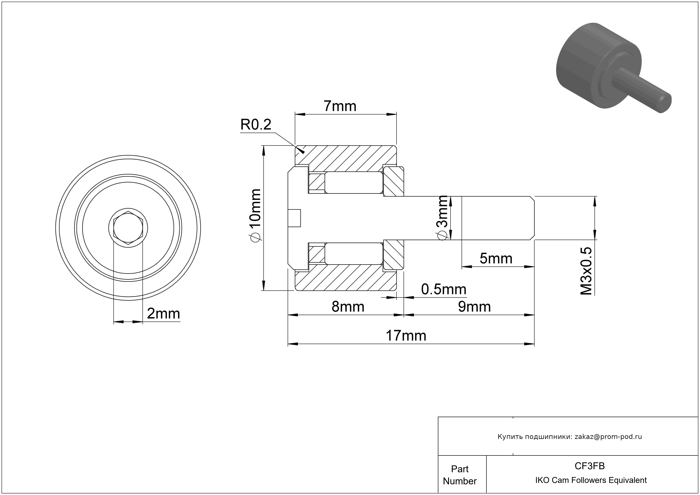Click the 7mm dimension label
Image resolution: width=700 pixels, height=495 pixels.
click(340, 106)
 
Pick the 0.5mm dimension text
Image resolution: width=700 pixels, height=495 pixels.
click(444, 289)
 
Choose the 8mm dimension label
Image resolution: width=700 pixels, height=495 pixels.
click(348, 307)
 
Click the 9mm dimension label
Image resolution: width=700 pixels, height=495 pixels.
click(474, 307)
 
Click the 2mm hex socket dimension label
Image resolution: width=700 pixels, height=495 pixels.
click(163, 313)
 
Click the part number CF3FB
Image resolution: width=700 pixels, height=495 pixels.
click(590, 466)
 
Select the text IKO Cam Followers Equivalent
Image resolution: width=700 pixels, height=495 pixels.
click(591, 480)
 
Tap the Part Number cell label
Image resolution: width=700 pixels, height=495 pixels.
click(460, 475)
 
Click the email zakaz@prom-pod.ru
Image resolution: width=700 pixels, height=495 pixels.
click(608, 437)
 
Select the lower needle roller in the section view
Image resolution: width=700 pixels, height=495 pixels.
click(354, 254)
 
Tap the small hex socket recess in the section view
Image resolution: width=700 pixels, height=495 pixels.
click(294, 218)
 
